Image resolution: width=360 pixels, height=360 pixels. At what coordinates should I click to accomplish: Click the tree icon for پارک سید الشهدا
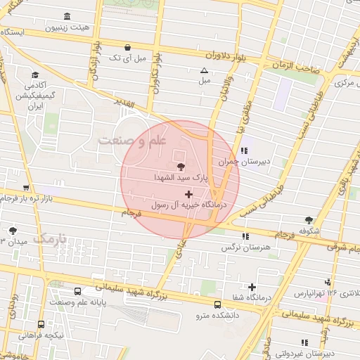click(x=181, y=167)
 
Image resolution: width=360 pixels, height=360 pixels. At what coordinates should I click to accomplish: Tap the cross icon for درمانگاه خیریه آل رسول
click(x=188, y=193)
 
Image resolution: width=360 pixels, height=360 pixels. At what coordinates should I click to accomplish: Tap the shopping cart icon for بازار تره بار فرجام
click(x=26, y=188)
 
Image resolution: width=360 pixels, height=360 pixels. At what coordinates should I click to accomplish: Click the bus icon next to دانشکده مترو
click(x=217, y=305)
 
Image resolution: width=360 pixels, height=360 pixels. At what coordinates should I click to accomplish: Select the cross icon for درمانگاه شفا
click(x=252, y=286)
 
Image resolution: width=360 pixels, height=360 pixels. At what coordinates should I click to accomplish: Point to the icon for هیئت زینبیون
click(x=67, y=17)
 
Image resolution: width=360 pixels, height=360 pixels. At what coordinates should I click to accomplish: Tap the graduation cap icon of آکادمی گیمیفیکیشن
click(x=33, y=74)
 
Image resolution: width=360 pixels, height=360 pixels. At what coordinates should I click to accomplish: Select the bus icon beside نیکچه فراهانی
click(x=41, y=325)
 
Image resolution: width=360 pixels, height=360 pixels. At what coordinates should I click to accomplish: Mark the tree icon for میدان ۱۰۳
click(x=13, y=230)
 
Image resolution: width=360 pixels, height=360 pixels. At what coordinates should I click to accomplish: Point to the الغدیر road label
click(x=124, y=103)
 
